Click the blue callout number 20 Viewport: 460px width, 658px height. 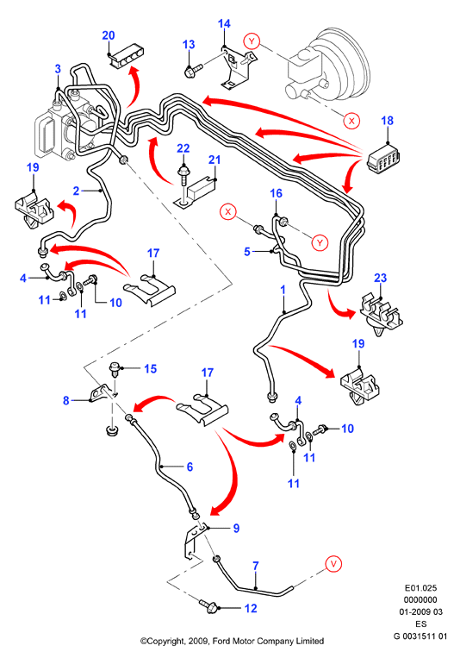109,35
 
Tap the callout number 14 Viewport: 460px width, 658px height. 224,23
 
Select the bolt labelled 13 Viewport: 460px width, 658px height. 193,70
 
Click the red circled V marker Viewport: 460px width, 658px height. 333,564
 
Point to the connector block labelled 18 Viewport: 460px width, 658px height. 383,160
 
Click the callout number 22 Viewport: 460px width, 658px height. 183,148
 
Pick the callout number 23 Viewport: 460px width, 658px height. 381,278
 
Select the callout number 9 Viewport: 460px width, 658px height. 236,528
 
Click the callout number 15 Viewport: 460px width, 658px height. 150,369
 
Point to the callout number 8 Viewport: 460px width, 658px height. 65,400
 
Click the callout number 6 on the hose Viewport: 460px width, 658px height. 190,467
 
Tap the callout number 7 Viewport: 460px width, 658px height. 256,566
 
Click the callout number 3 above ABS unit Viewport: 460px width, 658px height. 58,69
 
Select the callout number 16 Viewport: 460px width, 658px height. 276,193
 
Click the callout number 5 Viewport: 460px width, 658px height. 247,251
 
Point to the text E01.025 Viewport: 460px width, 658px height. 420,588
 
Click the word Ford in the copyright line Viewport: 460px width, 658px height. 221,641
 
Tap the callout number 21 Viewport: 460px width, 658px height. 214,160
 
